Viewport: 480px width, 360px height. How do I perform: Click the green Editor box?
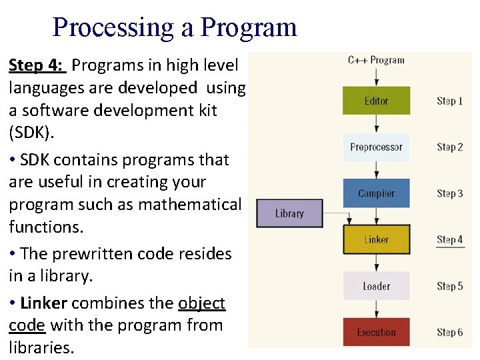(376, 101)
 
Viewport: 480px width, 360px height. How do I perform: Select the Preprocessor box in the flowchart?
(376, 147)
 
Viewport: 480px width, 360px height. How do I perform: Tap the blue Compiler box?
(376, 193)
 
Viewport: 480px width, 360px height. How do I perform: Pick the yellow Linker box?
(376, 239)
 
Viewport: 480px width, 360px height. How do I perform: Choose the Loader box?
(376, 286)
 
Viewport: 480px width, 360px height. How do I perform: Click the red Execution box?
(376, 332)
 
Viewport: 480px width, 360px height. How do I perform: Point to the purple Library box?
(289, 213)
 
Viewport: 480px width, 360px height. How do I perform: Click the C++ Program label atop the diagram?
(376, 60)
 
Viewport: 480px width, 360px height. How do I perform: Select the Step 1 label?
(449, 101)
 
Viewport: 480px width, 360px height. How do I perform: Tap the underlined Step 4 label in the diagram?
(449, 240)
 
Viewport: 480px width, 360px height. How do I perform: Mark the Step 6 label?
(449, 333)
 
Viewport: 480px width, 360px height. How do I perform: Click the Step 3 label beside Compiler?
(449, 194)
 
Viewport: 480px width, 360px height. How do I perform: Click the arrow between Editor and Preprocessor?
(376, 123)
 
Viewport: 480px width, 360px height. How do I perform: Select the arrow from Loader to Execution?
(376, 309)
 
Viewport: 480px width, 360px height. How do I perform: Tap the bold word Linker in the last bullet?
(44, 303)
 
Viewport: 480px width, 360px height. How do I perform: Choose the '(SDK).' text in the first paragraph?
(31, 132)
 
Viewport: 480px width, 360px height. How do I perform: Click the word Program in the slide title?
(249, 27)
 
